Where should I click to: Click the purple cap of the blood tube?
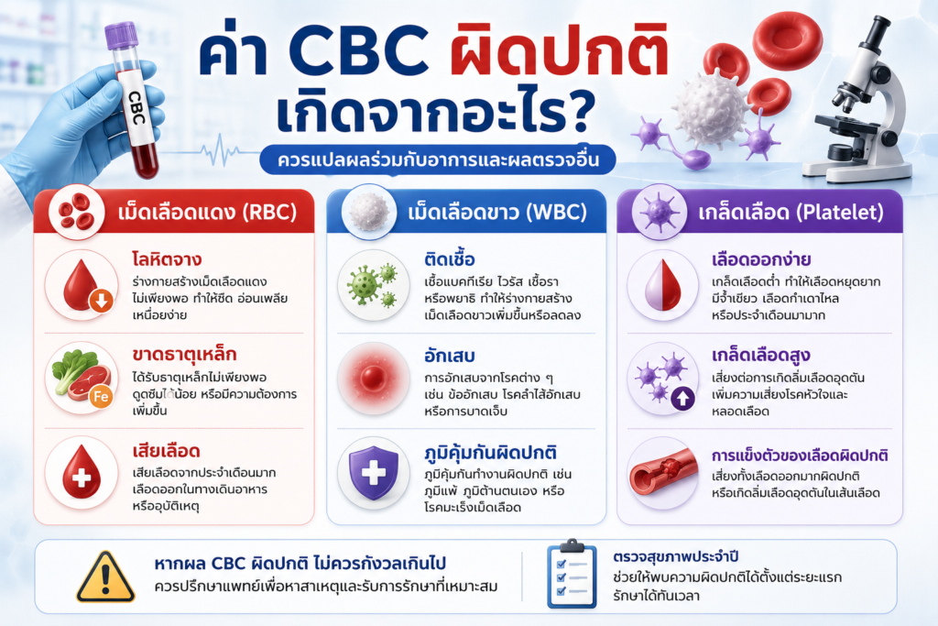click(122, 36)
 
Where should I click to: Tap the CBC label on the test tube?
click(137, 108)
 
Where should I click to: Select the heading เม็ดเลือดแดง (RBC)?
click(207, 213)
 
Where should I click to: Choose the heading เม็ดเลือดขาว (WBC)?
click(497, 213)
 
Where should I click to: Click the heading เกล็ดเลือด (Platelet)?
click(791, 213)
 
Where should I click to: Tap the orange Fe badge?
click(101, 397)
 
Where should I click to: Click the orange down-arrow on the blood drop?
click(101, 301)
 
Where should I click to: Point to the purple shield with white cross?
click(374, 472)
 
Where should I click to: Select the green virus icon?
click(372, 285)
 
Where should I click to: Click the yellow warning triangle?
click(105, 577)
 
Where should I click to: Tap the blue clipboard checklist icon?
click(572, 574)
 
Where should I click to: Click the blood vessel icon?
click(663, 473)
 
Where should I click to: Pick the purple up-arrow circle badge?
click(683, 397)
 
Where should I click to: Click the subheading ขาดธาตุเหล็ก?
click(184, 355)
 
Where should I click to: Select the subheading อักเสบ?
click(449, 356)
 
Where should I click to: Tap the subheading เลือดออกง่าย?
click(761, 259)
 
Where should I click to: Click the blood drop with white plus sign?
click(82, 474)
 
